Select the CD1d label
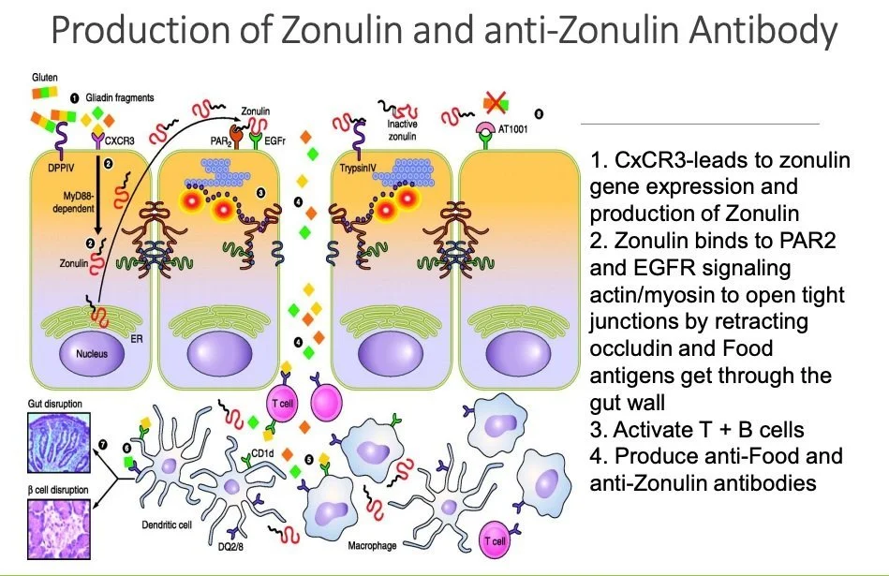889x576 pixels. (261, 452)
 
